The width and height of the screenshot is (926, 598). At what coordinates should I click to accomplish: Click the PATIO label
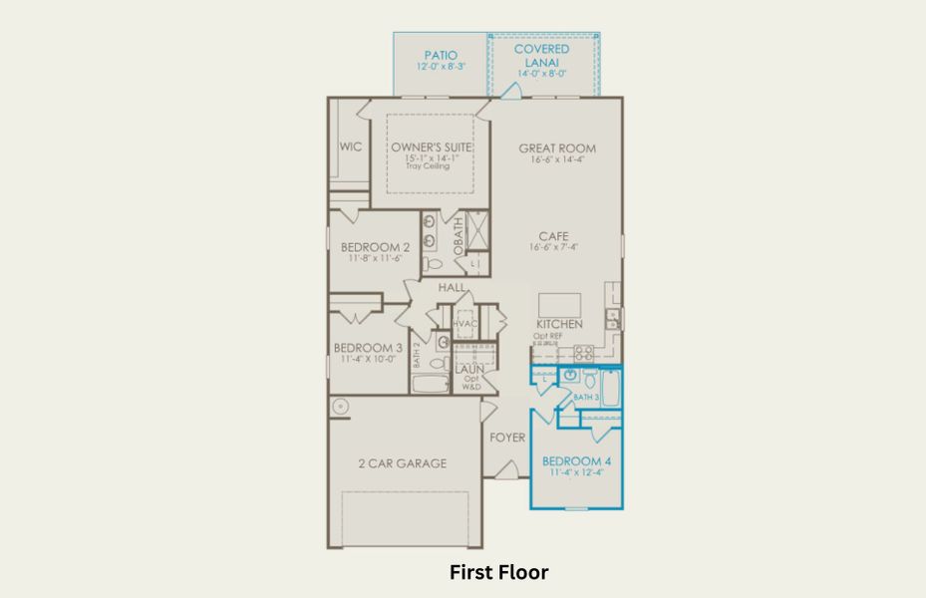coord(440,55)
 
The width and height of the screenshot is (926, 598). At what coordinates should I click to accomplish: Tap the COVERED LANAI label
coord(541,49)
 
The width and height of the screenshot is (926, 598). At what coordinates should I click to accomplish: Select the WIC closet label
coord(350,147)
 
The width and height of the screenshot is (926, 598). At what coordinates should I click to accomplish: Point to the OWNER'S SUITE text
coord(431,148)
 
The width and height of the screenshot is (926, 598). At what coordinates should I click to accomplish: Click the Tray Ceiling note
coord(427,166)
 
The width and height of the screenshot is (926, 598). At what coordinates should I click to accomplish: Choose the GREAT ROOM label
coord(556,149)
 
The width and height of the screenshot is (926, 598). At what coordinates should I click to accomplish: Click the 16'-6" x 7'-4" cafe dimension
coord(556,248)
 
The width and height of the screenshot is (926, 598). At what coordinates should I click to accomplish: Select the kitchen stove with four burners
coord(583,352)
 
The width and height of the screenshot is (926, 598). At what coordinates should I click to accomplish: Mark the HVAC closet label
coord(465,324)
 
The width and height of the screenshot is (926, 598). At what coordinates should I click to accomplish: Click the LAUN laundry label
coord(469,369)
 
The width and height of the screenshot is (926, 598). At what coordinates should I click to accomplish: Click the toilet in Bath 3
coord(588,379)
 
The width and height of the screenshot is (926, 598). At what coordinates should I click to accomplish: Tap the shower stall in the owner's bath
coord(477,232)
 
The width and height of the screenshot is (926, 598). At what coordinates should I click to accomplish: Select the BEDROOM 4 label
coord(575,461)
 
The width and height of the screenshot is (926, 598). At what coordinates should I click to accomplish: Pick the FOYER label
coord(506,438)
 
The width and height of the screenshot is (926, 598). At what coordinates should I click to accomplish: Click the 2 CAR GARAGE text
coord(402,463)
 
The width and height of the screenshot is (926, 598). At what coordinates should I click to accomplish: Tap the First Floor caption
coord(498,572)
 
